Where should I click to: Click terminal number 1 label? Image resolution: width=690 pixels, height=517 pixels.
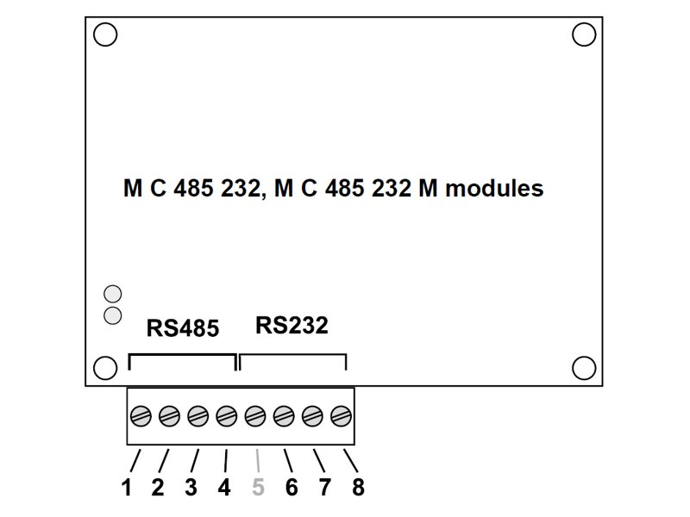127,488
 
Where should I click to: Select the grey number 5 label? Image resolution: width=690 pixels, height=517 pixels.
258,488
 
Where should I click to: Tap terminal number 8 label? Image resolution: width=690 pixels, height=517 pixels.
358,488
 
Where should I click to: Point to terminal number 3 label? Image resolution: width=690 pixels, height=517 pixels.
191,488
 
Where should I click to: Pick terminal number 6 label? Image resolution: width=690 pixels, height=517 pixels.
292,488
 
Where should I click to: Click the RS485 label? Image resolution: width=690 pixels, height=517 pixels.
182,328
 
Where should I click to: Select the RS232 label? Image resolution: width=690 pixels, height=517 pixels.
292,326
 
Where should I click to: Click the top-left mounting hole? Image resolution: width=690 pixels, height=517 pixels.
105,34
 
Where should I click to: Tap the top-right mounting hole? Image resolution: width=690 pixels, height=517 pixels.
584,34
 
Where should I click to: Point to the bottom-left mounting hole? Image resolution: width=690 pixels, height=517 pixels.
105,368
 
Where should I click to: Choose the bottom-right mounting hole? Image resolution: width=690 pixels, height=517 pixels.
584,368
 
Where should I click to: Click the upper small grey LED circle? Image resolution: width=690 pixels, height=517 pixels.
112,294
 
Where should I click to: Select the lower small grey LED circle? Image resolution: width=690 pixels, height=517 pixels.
112,315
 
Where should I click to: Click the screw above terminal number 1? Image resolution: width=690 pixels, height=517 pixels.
141,417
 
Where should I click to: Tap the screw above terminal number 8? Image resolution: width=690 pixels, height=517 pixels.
342,417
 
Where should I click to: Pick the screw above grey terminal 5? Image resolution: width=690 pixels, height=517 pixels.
255,417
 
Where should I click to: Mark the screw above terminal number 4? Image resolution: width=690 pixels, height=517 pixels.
227,417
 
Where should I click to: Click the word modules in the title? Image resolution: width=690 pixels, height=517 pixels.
493,188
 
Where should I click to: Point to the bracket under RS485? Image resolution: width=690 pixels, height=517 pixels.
182,355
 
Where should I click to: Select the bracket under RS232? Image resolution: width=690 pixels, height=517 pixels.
292,355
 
